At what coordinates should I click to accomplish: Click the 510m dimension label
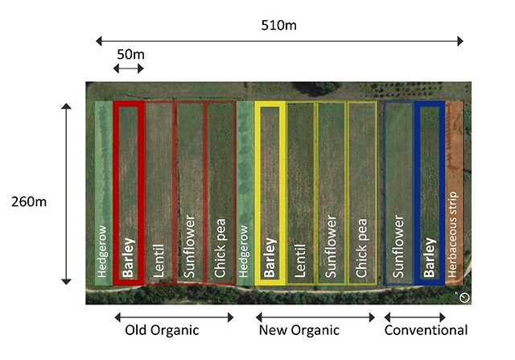pos(279,25)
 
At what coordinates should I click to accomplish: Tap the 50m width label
pos(130,55)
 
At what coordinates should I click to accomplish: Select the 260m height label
pos(29,202)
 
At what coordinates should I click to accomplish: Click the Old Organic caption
pos(162,330)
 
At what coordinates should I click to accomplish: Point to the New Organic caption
pos(299,330)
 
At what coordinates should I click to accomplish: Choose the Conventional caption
pos(426,330)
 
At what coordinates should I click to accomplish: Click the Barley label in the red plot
pos(129,258)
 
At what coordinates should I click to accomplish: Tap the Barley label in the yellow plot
pos(270,258)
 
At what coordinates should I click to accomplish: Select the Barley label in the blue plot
pos(429,258)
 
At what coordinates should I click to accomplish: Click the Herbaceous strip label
pos(452,234)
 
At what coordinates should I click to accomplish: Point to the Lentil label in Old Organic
pos(159,261)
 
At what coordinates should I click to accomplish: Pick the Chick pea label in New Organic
pos(361,248)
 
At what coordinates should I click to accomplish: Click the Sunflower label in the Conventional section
pos(398,246)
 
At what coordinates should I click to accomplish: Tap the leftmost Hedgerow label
pos(102,251)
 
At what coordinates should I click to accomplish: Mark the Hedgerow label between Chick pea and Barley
pos(243,251)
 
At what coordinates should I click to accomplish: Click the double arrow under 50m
pos(129,68)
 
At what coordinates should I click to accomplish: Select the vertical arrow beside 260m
pos(66,193)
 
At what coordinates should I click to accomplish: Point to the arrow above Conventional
pos(415,317)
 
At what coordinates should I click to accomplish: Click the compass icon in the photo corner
pos(464,298)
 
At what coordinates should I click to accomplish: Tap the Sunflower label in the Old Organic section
pos(190,246)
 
